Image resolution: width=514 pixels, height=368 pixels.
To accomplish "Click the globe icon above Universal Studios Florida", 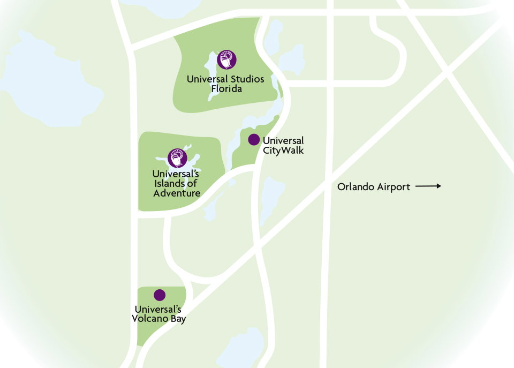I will click(226, 59).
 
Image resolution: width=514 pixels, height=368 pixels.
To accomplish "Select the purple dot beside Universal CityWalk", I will click(254, 140).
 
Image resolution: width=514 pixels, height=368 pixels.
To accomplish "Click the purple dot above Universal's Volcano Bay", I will click(160, 295).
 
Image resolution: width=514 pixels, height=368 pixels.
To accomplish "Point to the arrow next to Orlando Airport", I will click(428, 186).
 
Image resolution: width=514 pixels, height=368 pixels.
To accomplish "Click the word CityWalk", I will click(283, 151).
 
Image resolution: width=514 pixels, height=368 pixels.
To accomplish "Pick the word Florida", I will click(225, 88).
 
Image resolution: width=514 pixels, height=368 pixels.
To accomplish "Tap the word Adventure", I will click(177, 193).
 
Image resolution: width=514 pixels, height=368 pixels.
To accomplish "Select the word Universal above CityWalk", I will click(283, 141).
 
